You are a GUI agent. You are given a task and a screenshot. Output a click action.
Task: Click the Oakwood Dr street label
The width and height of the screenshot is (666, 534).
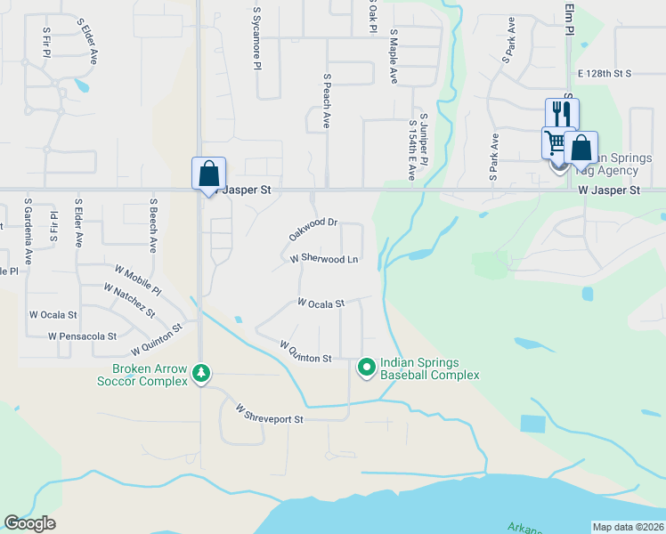313,229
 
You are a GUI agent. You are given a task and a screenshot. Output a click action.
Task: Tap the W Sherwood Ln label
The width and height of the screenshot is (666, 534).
324,259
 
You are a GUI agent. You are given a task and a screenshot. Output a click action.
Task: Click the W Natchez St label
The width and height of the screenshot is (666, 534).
129,302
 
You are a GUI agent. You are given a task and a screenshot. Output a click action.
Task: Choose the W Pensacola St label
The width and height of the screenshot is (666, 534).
83,336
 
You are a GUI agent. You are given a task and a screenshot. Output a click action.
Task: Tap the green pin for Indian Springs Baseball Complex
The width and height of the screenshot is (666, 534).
366,366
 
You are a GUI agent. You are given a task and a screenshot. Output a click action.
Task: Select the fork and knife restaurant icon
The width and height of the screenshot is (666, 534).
562,113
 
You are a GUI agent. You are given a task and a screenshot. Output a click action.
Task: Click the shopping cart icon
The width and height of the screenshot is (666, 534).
555,142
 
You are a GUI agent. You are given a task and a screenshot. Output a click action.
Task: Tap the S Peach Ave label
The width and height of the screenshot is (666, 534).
328,101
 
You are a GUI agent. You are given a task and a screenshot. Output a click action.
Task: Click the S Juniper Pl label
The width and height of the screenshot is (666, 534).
424,139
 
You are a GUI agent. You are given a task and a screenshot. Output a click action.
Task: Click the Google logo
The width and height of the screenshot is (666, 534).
29,523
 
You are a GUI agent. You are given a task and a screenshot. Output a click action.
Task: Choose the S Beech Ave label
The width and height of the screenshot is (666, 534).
153,226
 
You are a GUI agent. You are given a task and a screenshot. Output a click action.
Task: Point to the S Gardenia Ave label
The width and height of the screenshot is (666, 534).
28,231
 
